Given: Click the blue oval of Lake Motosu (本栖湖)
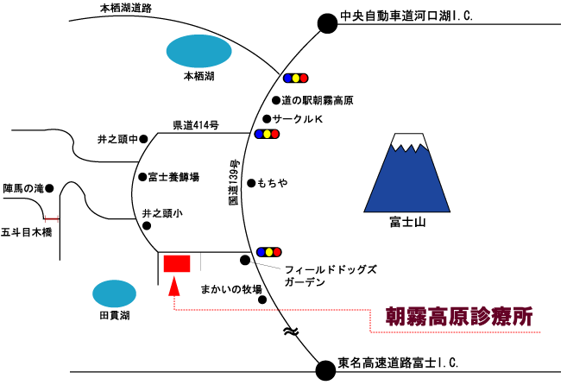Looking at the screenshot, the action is click(198, 51).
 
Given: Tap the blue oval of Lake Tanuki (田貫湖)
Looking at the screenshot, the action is click(114, 293).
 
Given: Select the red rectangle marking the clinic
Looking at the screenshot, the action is click(177, 263).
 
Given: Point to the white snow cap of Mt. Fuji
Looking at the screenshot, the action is click(410, 141).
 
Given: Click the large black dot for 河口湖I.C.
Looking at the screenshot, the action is click(328, 23).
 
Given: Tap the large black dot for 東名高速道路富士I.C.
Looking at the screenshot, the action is click(325, 370).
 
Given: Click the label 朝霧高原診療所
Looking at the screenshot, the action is click(459, 317).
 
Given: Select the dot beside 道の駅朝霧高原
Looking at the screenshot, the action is click(276, 100).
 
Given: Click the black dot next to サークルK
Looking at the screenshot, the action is click(267, 118).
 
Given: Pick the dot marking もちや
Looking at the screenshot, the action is click(251, 183).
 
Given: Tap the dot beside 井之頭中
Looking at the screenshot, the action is click(143, 139).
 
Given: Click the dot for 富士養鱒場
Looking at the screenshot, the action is click(143, 177).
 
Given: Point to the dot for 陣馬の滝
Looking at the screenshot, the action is click(49, 188).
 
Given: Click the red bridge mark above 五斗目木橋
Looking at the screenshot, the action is click(51, 219).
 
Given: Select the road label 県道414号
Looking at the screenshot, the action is click(196, 125).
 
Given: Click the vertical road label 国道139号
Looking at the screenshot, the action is click(235, 182).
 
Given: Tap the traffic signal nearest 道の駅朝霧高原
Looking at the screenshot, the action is click(295, 78).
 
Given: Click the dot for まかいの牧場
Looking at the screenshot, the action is click(262, 300).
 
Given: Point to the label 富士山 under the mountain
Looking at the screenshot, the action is click(407, 222).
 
